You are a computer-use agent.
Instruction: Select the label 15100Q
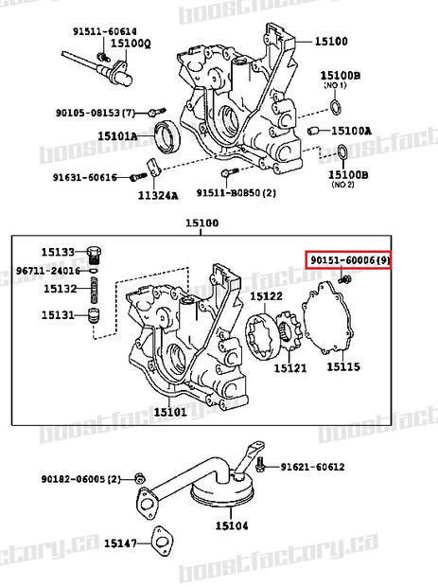click(130, 44)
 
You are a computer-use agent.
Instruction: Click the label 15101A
click(117, 136)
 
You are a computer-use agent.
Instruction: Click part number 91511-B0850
click(236, 192)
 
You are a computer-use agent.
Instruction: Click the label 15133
click(56, 252)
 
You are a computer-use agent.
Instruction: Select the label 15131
click(56, 316)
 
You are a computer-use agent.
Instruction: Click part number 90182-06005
click(80, 478)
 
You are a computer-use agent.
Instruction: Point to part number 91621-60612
click(312, 467)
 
